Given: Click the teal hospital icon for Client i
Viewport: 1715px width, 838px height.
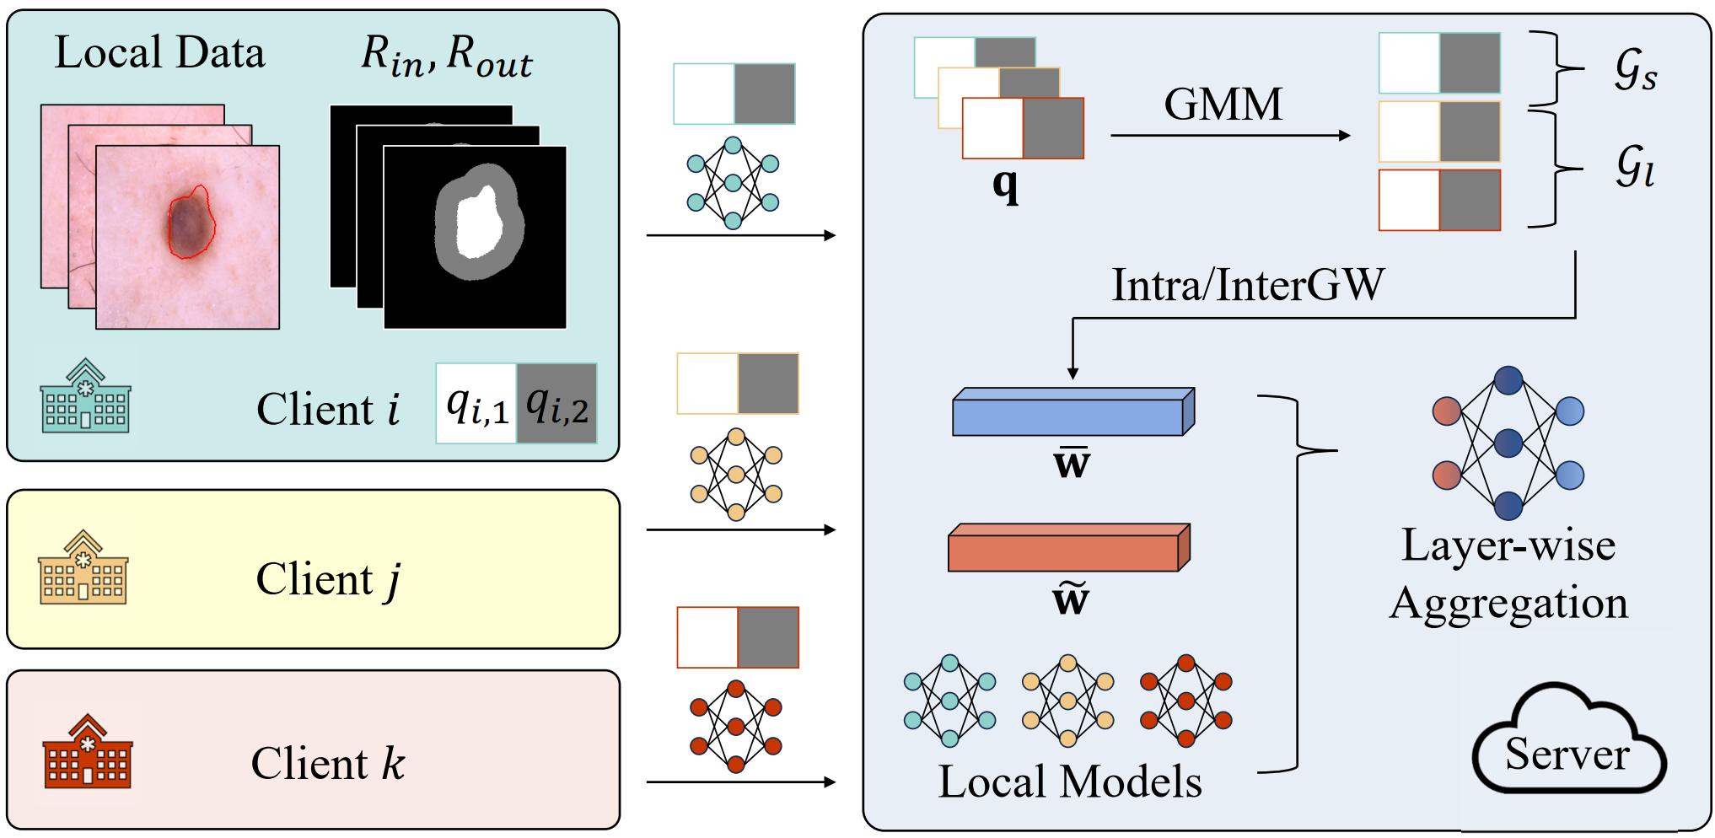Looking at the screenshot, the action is click(85, 395).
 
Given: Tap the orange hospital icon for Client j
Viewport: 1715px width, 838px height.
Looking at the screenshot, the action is click(83, 567).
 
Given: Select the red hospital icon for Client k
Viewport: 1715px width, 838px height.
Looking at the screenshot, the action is click(87, 751).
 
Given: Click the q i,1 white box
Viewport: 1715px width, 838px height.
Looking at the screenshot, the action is click(476, 404).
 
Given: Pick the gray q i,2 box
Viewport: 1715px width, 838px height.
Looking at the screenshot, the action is click(557, 404).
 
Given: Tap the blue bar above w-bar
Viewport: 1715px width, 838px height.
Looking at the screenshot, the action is click(1073, 411).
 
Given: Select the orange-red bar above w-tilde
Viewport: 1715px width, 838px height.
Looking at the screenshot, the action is click(1069, 548).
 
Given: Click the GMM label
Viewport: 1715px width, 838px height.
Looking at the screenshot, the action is click(1223, 105).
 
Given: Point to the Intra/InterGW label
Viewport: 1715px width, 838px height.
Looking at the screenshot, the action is click(1248, 285).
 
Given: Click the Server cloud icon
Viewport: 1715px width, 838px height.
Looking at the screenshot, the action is click(1569, 740).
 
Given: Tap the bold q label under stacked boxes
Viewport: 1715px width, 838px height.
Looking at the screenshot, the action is click(1005, 185).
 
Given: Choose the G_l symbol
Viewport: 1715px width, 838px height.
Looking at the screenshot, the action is click(1635, 165).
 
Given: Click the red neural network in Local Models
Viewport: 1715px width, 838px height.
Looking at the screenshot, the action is click(1186, 701).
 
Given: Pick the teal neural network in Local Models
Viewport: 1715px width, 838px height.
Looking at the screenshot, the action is click(950, 701).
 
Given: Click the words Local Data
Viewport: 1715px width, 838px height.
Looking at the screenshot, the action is click(160, 52).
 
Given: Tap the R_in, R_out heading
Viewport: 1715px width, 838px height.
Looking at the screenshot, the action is click(447, 56).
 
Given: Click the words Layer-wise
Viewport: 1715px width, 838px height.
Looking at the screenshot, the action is click(1508, 545).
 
